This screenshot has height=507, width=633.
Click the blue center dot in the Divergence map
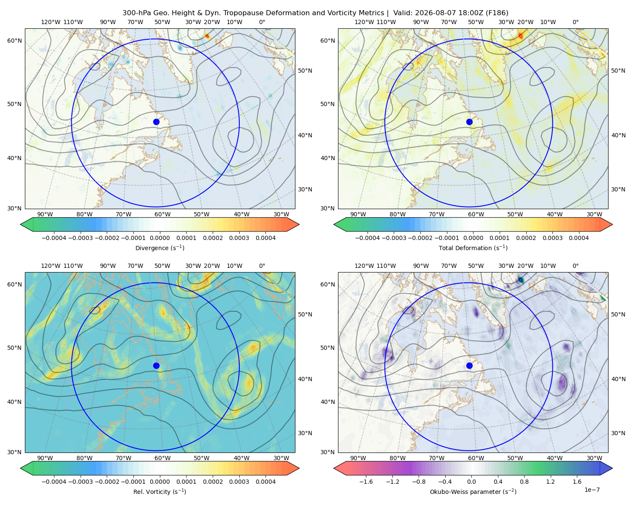[x=156, y=122]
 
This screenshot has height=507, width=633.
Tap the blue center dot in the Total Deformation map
[x=469, y=122]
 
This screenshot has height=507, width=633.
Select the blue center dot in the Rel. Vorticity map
[x=156, y=365]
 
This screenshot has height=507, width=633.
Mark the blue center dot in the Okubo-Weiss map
[x=469, y=365]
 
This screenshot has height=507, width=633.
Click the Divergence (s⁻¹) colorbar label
[x=160, y=248]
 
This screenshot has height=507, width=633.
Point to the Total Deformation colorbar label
[x=473, y=248]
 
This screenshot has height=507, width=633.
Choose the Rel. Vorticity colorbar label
[x=160, y=492]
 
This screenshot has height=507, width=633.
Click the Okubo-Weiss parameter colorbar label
[x=473, y=492]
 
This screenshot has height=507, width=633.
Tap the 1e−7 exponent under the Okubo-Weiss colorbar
[x=592, y=490]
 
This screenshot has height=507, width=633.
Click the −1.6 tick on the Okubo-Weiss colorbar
[x=366, y=482]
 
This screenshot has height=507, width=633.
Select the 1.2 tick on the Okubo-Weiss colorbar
[x=550, y=482]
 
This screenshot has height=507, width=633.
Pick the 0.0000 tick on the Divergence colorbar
[x=160, y=238]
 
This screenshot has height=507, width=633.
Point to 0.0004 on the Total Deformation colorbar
[x=579, y=238]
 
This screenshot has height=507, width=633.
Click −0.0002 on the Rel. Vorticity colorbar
[x=107, y=482]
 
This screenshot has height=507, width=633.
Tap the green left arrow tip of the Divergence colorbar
[x=21, y=224]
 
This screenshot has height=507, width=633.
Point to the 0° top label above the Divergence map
[x=262, y=22]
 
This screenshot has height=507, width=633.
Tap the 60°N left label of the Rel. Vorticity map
[x=14, y=284]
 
